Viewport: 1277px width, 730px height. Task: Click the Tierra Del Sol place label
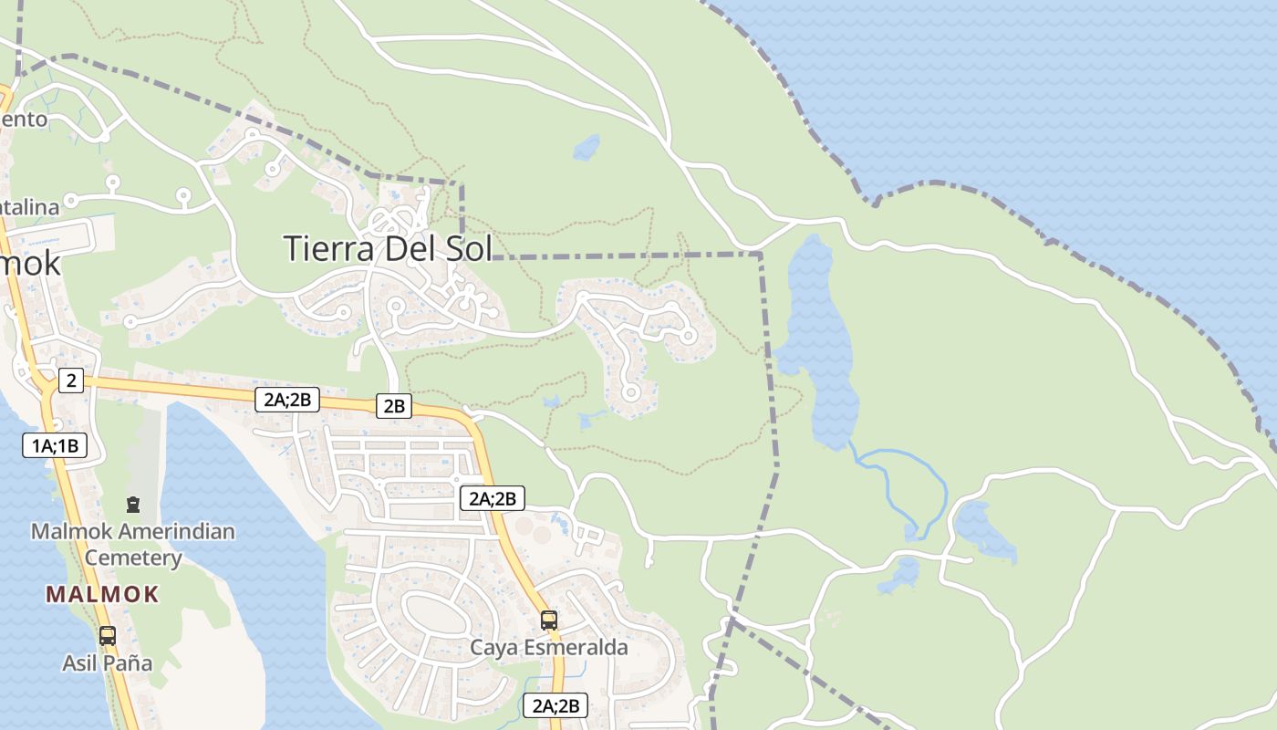[x=387, y=248]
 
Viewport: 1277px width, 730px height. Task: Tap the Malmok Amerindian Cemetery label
[x=133, y=544]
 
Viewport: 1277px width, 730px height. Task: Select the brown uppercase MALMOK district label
[x=102, y=595]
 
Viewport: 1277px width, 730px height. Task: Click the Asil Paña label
[x=107, y=663]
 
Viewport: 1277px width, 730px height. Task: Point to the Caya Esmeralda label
[x=548, y=648]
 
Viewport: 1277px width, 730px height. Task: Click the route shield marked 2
[x=70, y=381]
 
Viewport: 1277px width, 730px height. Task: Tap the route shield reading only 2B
[x=393, y=406]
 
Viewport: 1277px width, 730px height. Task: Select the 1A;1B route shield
[x=55, y=445]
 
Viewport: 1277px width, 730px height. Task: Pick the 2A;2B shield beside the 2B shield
[x=286, y=399]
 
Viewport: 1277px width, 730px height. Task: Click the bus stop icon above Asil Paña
[x=107, y=635]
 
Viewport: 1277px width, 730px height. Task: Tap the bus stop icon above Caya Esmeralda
[x=548, y=620]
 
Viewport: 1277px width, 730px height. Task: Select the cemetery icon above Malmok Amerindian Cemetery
[x=133, y=504]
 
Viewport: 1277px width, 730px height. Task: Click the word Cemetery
[x=133, y=558]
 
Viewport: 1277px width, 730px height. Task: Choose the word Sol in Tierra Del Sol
[x=467, y=248]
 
